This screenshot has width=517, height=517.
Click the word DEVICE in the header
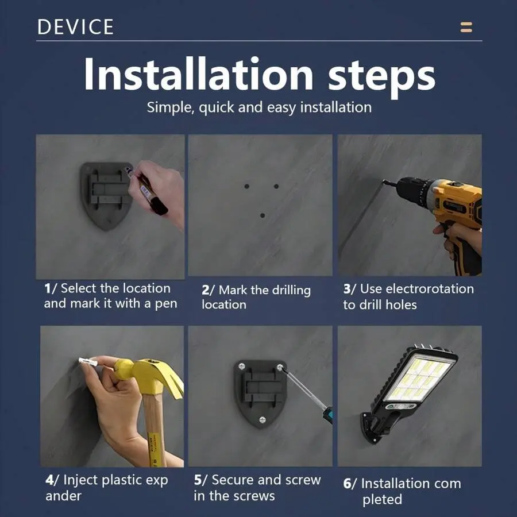[x=75, y=26]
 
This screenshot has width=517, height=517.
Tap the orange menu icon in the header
[x=466, y=28]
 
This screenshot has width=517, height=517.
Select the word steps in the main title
[x=381, y=78]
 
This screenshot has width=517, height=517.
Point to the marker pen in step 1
[x=146, y=191]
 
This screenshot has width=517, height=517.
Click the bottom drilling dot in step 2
[x=263, y=215]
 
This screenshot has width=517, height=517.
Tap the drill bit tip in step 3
[x=384, y=182]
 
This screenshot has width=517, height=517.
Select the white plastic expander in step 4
[x=88, y=362]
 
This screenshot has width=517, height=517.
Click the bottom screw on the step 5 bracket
[x=263, y=420]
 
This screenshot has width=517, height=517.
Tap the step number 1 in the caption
[x=48, y=288]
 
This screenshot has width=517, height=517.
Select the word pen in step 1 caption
[x=166, y=304]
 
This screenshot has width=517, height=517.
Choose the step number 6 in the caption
[x=347, y=484]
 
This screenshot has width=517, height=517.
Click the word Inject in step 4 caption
[x=81, y=480]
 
